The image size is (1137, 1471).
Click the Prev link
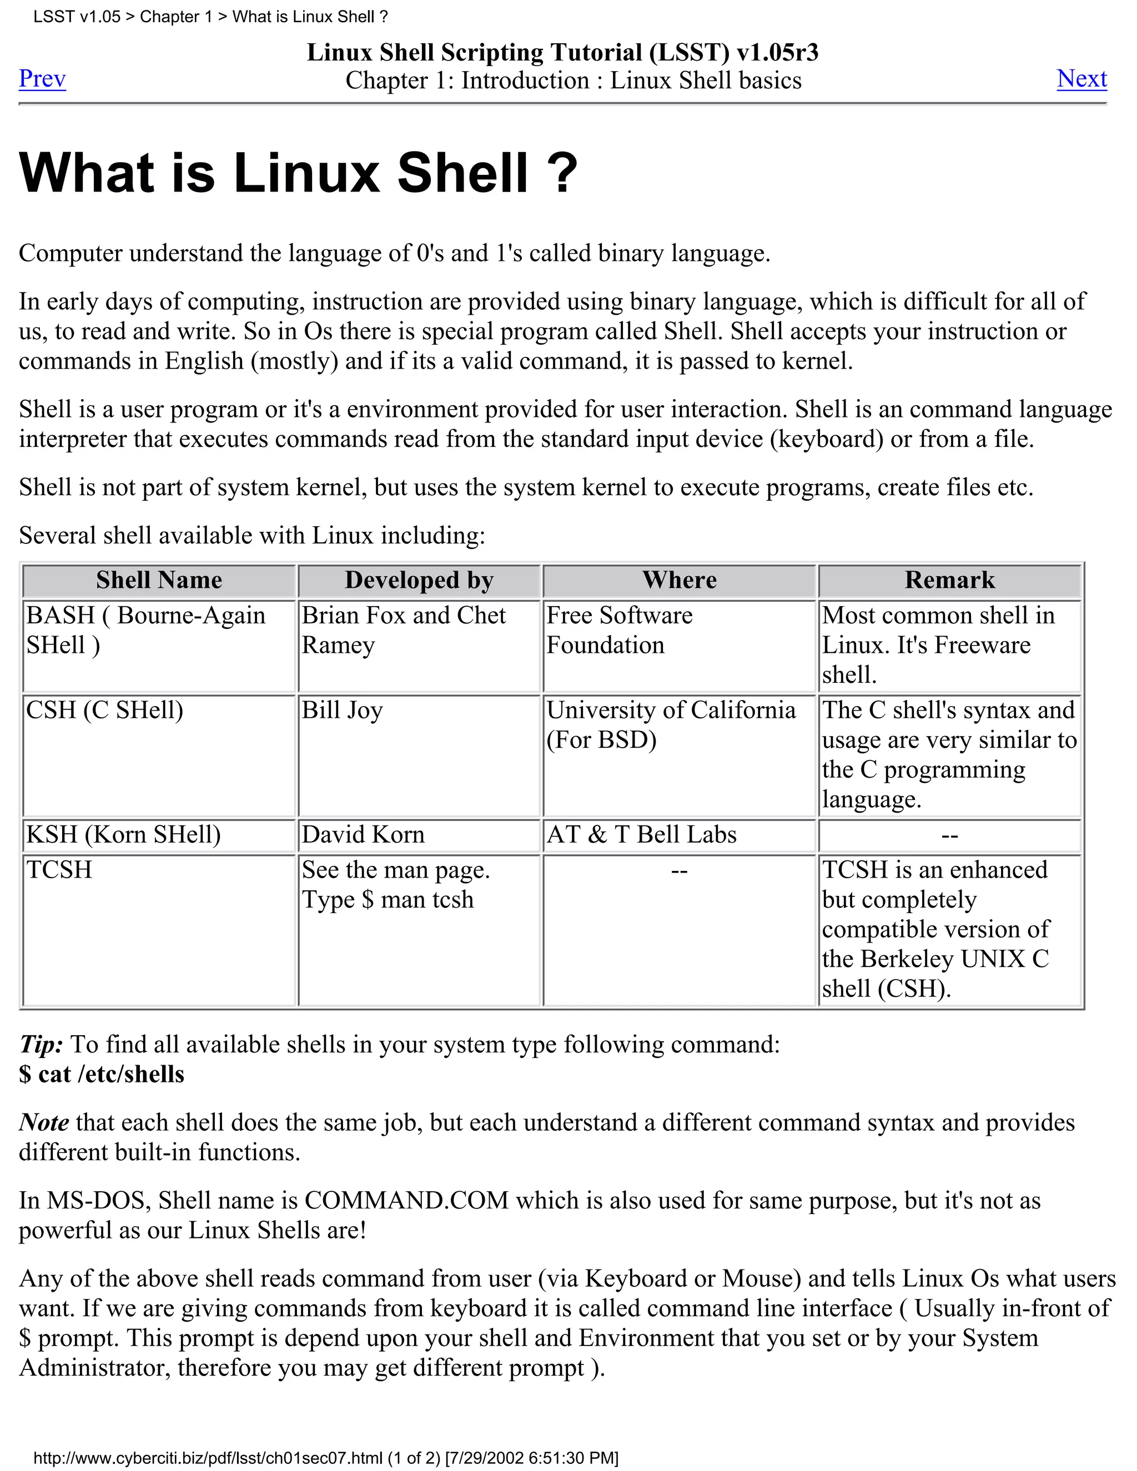click(x=42, y=79)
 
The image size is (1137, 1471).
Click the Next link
click(x=1081, y=79)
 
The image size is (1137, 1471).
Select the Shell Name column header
click(x=159, y=580)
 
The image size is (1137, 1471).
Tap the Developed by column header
click(x=419, y=580)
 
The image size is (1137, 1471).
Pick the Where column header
click(x=679, y=580)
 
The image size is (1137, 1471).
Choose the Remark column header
click(x=949, y=580)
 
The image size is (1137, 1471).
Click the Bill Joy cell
click(x=342, y=710)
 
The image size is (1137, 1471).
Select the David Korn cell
click(x=363, y=834)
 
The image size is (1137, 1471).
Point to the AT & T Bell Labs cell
click(x=641, y=834)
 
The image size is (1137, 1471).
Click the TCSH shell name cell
click(x=59, y=869)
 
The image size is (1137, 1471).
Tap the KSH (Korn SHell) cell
click(x=123, y=834)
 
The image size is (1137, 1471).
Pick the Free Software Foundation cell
click(x=619, y=630)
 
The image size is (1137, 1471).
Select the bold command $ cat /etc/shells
click(x=102, y=1074)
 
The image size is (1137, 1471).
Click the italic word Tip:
click(x=41, y=1045)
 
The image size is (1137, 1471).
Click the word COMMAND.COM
click(x=406, y=1201)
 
